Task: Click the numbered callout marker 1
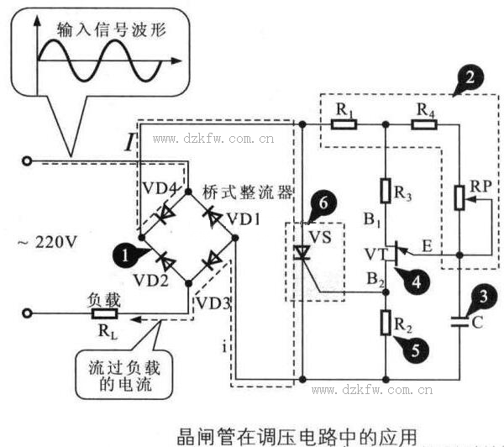click(124, 253)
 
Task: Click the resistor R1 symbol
click(344, 124)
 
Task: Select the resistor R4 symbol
click(424, 124)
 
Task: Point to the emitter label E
click(428, 246)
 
